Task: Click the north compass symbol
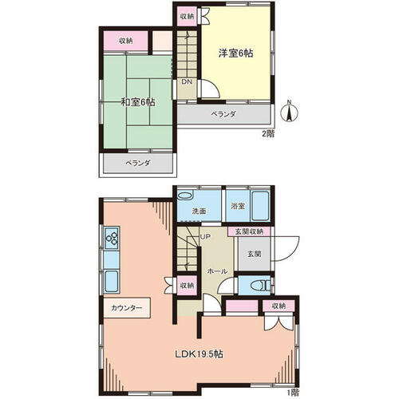click(290, 112)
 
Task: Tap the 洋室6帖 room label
click(235, 53)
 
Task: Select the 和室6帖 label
click(138, 102)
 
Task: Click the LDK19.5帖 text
click(199, 354)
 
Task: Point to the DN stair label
click(187, 82)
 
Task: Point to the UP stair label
click(205, 237)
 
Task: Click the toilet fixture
click(260, 286)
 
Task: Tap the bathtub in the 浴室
click(260, 206)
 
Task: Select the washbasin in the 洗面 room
click(184, 196)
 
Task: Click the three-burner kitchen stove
click(112, 238)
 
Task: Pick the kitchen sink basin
click(112, 282)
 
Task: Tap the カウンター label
click(127, 308)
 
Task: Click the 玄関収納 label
click(249, 231)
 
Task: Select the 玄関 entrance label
click(254, 254)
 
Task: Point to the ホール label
click(217, 271)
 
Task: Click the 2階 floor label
click(268, 133)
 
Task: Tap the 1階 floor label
click(293, 392)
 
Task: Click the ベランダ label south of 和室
click(138, 163)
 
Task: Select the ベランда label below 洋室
click(223, 114)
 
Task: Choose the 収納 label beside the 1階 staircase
click(187, 286)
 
